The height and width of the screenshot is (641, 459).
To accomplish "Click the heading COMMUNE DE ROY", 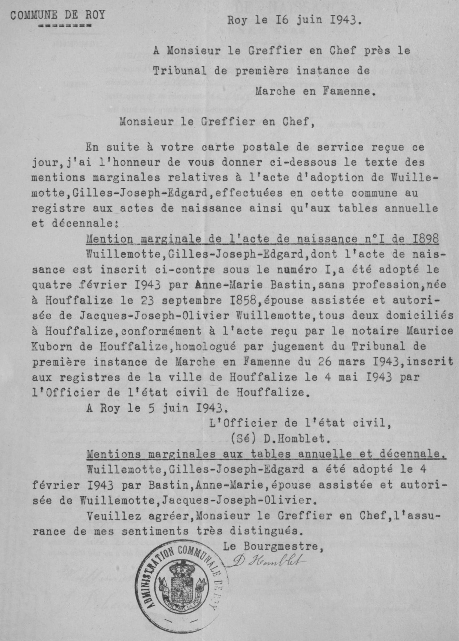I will [57, 15].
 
